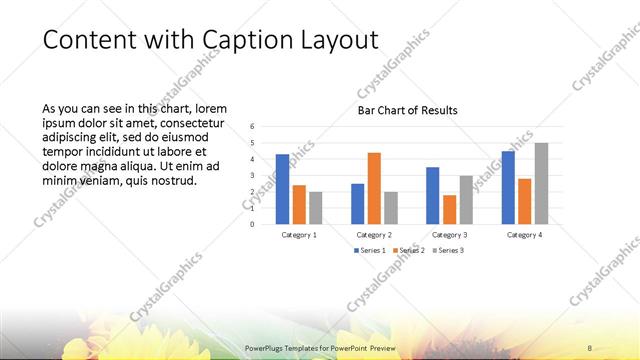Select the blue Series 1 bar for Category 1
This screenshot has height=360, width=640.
click(x=282, y=189)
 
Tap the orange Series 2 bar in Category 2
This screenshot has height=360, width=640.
click(x=374, y=188)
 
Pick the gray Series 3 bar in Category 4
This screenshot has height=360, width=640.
click(x=541, y=183)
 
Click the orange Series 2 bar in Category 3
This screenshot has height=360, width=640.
click(x=449, y=209)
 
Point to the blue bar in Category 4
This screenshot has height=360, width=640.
click(x=508, y=187)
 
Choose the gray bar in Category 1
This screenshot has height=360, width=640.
click(x=316, y=207)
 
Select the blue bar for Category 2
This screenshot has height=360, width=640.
click(x=357, y=203)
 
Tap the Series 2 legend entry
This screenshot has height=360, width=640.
click(x=408, y=250)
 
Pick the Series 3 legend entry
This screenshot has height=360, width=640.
click(x=447, y=250)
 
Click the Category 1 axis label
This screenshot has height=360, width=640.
click(x=299, y=234)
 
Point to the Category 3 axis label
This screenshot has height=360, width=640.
click(x=449, y=234)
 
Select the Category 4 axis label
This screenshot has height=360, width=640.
click(x=524, y=234)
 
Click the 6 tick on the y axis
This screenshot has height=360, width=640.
click(x=253, y=127)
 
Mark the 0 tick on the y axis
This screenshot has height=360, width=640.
click(x=253, y=224)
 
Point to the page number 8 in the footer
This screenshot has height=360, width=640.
click(x=590, y=347)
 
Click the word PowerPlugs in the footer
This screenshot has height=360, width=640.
click(x=267, y=347)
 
